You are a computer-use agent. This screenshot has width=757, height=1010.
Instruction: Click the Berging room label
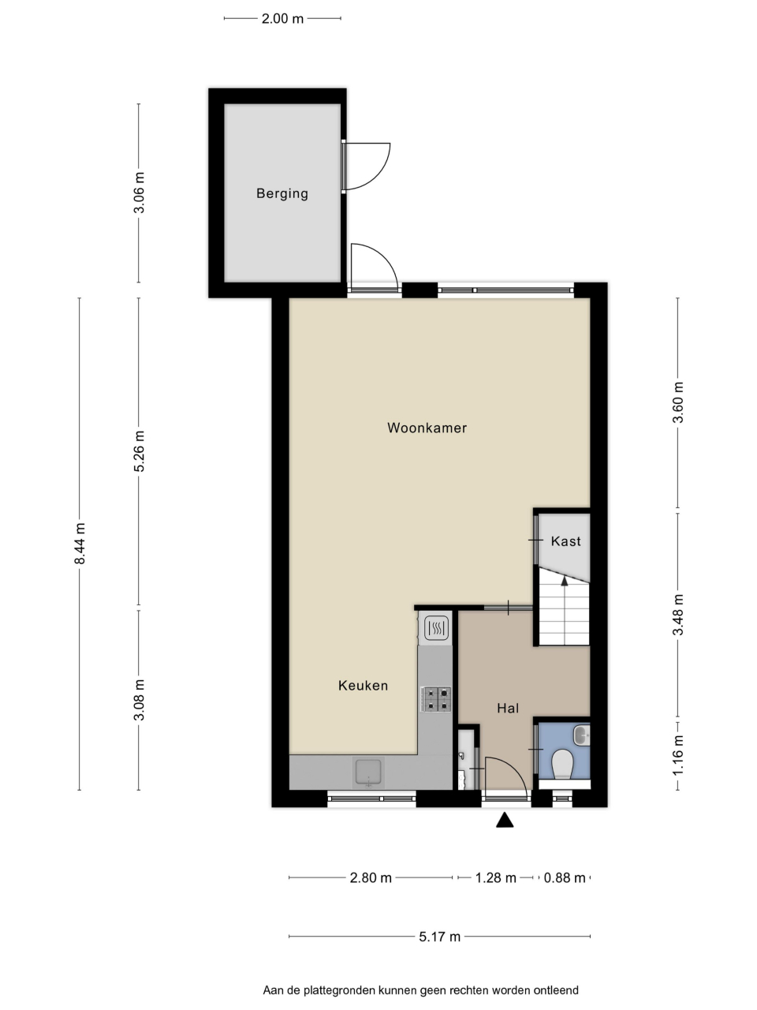click(282, 193)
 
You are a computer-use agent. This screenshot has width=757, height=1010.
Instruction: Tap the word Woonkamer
click(427, 428)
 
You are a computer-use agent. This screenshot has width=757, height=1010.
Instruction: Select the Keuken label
click(363, 686)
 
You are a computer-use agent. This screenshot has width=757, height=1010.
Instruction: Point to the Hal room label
click(508, 708)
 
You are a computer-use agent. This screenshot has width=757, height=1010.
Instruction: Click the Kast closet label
click(566, 541)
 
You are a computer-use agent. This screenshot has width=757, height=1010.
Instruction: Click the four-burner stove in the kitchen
click(436, 699)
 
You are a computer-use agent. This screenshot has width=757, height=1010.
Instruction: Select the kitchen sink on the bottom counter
click(367, 773)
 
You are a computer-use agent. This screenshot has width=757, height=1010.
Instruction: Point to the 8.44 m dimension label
click(80, 544)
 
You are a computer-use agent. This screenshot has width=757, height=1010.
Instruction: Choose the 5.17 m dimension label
click(439, 937)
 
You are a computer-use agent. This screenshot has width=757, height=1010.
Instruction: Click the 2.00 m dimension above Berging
click(282, 19)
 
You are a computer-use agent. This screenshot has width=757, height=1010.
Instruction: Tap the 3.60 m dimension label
click(678, 402)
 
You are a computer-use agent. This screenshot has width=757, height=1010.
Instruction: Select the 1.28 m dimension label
click(495, 878)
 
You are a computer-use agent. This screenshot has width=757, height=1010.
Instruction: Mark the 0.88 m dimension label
click(565, 878)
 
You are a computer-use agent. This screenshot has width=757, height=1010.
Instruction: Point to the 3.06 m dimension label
click(139, 193)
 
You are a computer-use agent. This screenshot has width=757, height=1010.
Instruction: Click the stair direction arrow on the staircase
click(565, 582)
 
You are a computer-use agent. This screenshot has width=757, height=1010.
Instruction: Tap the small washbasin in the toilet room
click(581, 735)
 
